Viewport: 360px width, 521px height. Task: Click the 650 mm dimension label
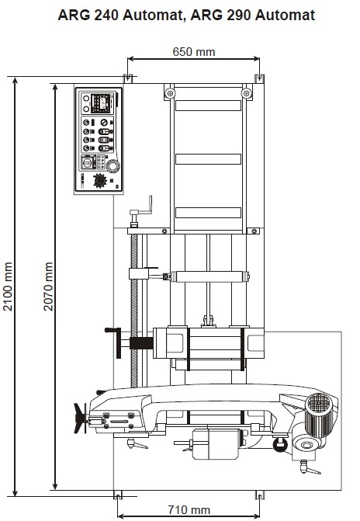click(194, 52)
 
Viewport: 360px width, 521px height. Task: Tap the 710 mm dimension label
click(189, 509)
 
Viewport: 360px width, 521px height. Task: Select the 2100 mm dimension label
click(8, 287)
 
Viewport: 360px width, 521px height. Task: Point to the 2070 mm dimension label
click(48, 287)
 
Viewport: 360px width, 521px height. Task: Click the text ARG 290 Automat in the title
click(253, 16)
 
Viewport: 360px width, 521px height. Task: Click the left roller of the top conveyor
click(170, 93)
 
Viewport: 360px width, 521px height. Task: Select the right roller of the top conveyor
click(246, 93)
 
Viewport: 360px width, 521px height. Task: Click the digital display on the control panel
click(101, 101)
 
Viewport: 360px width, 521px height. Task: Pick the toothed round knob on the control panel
click(99, 181)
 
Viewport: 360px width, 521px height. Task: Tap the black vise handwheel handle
click(114, 342)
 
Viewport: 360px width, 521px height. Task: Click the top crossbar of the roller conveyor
click(208, 106)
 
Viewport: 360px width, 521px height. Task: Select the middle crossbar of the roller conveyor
click(208, 159)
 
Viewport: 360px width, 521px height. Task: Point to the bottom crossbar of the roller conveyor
click(208, 213)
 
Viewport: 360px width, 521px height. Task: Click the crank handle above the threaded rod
click(140, 211)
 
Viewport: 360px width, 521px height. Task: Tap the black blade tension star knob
click(80, 418)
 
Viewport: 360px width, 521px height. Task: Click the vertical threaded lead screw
click(134, 311)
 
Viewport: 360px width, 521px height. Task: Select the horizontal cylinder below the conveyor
click(209, 276)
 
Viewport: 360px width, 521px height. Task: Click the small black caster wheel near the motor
click(280, 445)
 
